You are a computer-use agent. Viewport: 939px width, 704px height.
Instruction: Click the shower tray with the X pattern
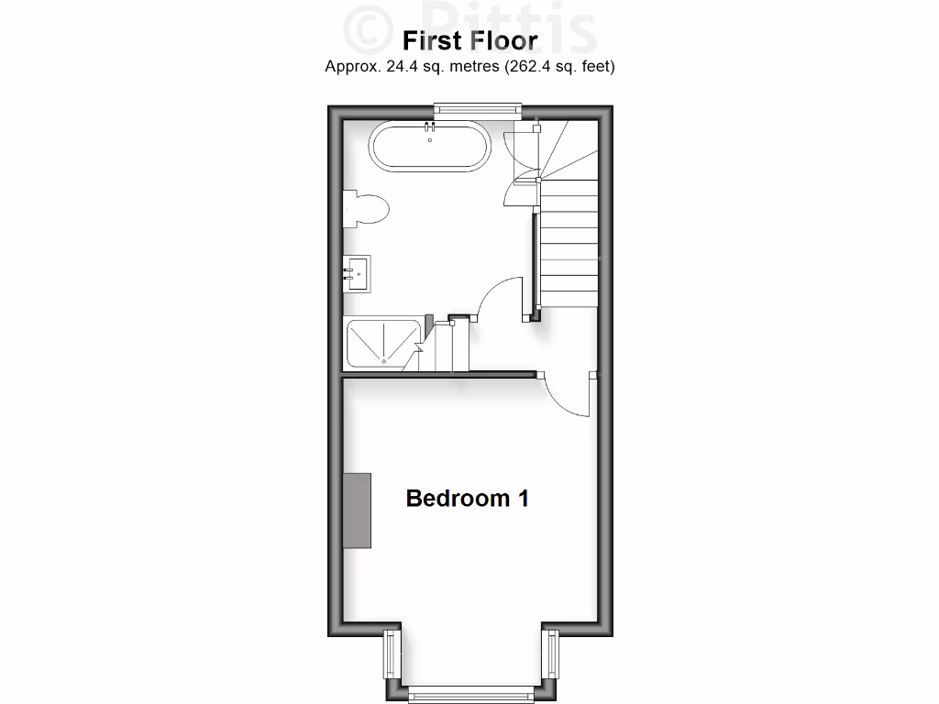(x=381, y=343)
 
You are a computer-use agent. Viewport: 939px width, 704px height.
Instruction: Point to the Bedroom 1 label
(x=468, y=499)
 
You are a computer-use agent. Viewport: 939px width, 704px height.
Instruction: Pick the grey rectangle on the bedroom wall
(x=358, y=511)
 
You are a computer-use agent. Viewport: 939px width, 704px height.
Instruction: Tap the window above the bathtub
(x=477, y=109)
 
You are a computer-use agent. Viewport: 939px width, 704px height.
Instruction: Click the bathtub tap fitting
(x=429, y=131)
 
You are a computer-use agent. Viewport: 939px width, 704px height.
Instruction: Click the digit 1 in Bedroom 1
(x=523, y=499)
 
